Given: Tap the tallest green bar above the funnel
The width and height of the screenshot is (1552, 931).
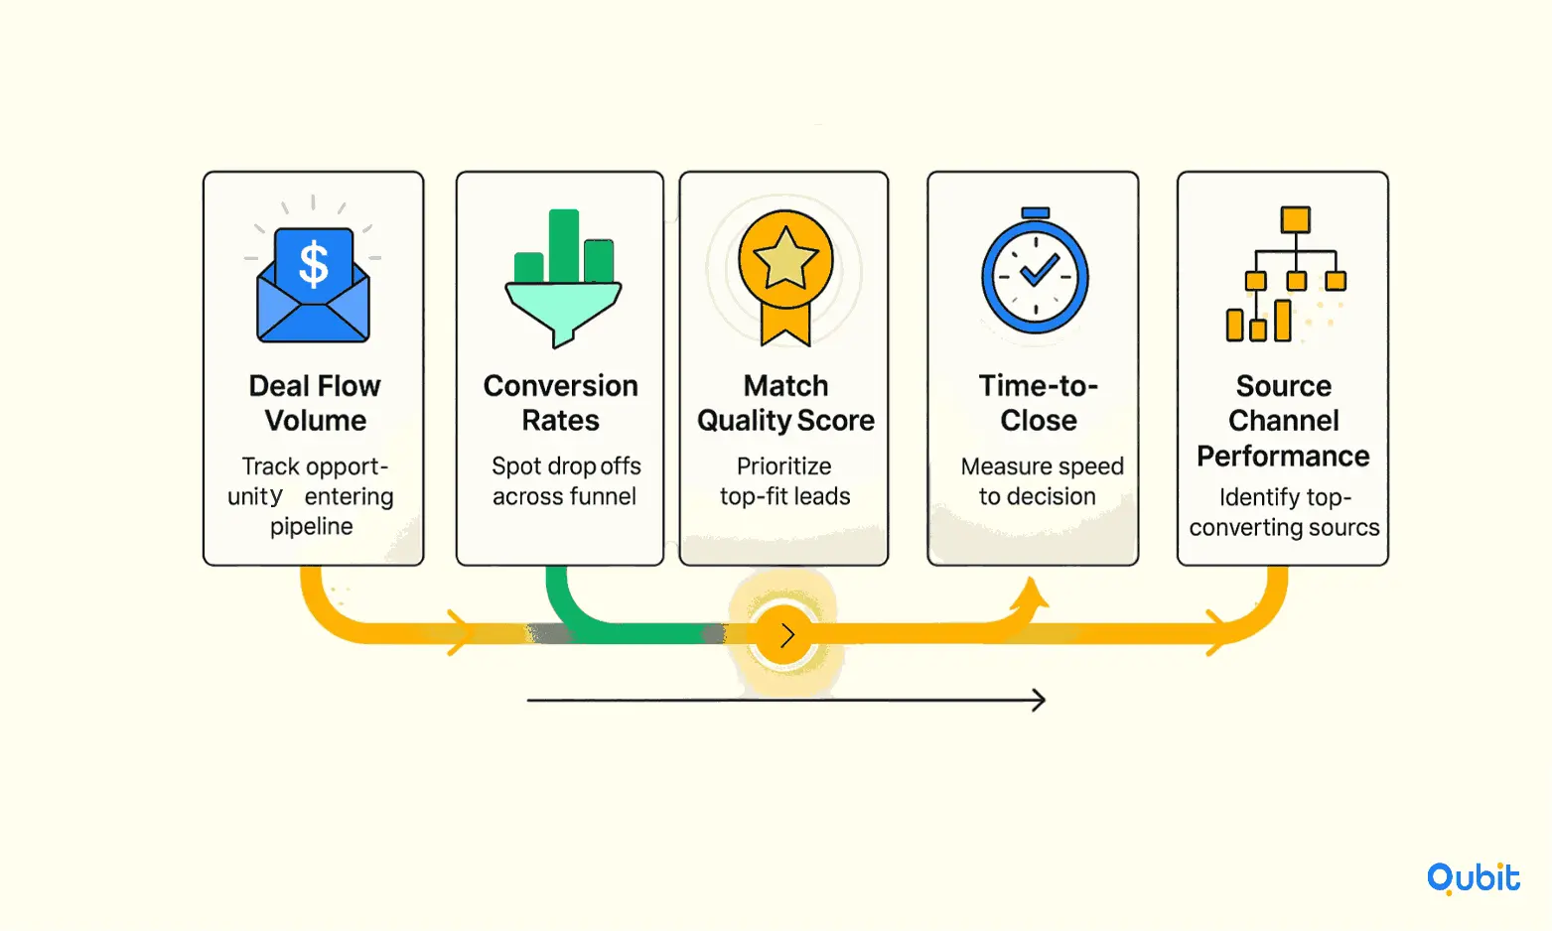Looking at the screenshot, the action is (x=563, y=245).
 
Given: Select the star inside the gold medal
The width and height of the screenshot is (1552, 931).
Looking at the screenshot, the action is (x=785, y=258).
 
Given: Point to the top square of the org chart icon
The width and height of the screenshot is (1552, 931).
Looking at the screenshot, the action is (x=1295, y=219).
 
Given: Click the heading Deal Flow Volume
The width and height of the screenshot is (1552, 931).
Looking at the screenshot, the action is (x=315, y=403).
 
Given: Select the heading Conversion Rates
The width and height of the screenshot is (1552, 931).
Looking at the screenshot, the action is (x=560, y=403).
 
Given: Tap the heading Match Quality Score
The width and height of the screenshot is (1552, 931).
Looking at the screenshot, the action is (x=785, y=403).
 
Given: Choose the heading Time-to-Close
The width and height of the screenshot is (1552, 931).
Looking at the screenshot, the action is (x=1038, y=403).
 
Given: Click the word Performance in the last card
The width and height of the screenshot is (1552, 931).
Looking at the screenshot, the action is (x=1283, y=457).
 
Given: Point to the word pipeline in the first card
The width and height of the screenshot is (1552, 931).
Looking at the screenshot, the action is (x=311, y=526).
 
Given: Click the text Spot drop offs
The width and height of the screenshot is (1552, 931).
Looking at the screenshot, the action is (x=566, y=466).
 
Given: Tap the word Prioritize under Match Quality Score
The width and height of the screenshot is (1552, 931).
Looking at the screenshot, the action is (x=783, y=466).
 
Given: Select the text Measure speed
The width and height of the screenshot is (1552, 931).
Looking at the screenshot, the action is (x=1042, y=466).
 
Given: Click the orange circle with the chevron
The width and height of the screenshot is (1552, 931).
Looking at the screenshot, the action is (x=783, y=635).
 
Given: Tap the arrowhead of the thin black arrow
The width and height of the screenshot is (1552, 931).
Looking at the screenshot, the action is (x=1039, y=701).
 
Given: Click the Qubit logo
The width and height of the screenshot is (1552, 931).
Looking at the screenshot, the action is (x=1473, y=878).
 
